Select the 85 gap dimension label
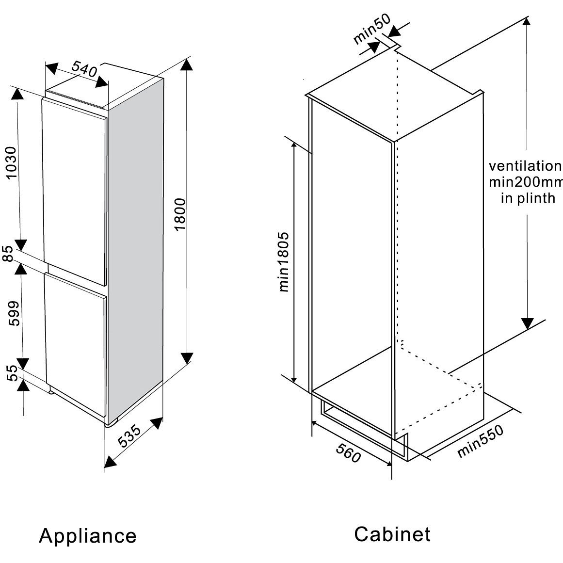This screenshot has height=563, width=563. (8, 254)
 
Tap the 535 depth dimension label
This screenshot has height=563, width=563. (130, 436)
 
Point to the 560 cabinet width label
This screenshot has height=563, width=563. (348, 454)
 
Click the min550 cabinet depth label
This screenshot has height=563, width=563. (480, 441)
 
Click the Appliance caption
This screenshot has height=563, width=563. (88, 536)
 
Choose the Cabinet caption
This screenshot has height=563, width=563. (392, 534)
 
